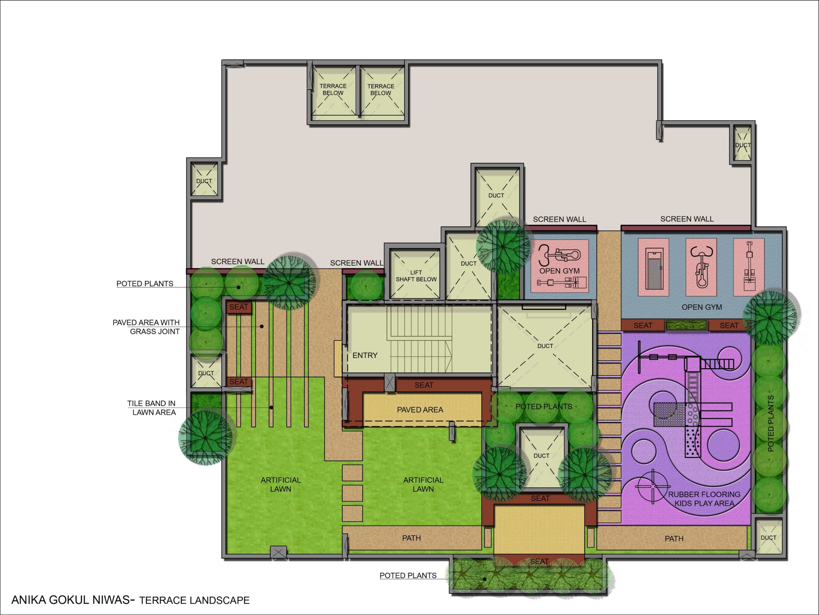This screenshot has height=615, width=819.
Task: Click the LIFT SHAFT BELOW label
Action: tap(416, 276)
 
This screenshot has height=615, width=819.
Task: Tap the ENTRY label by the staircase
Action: tap(365, 355)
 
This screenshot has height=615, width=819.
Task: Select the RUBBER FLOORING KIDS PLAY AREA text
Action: tap(704, 499)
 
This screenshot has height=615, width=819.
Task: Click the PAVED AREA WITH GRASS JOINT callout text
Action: tap(146, 327)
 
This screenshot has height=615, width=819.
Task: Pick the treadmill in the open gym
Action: tap(653, 267)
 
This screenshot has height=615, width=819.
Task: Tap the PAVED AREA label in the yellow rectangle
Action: tap(420, 410)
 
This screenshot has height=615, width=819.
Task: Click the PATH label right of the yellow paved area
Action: tap(674, 538)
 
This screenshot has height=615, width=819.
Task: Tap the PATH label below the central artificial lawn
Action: tap(411, 538)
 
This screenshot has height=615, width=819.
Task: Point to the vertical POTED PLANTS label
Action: tap(771, 423)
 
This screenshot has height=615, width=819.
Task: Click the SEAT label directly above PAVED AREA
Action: tap(424, 385)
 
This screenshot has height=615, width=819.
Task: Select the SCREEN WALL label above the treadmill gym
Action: tap(687, 219)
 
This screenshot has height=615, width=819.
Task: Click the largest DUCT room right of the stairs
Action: tap(545, 346)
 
